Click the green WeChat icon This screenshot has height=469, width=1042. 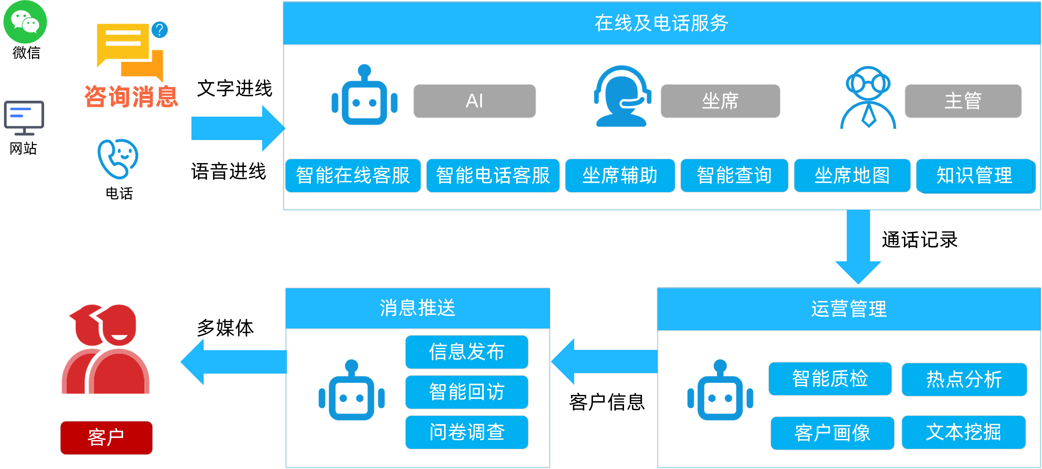(25, 22)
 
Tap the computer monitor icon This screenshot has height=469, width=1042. (24, 117)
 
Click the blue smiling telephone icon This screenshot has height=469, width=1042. (118, 158)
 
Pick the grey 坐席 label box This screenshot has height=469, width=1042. (720, 101)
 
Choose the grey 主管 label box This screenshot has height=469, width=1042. (963, 101)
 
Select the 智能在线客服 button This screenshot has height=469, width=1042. (353, 175)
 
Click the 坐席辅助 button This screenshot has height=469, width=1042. (620, 175)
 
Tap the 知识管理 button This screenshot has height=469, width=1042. (975, 175)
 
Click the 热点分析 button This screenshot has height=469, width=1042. (964, 379)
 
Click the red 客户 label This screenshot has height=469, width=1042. (106, 437)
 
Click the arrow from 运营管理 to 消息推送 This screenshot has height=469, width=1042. (604, 361)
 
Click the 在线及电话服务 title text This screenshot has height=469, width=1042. (661, 23)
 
